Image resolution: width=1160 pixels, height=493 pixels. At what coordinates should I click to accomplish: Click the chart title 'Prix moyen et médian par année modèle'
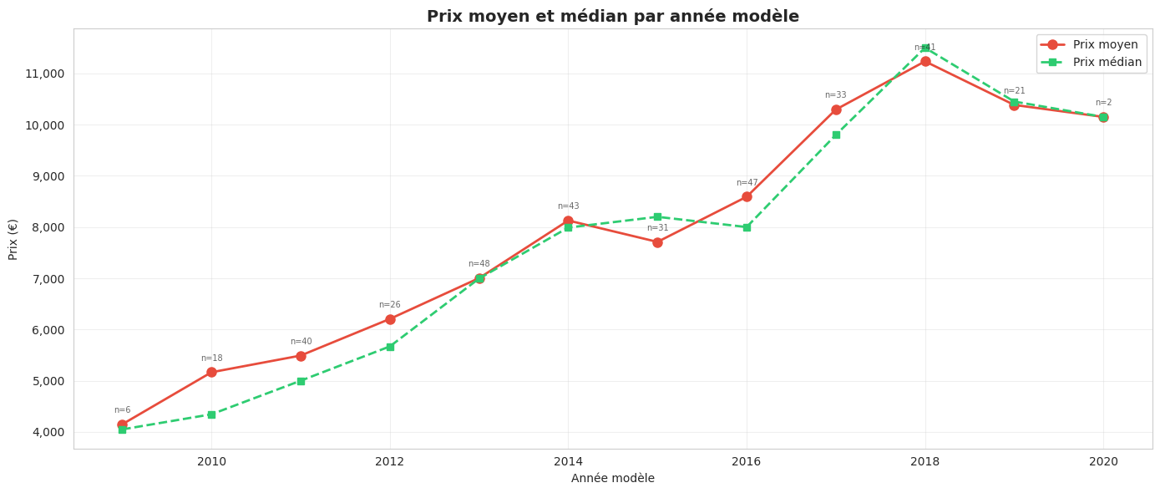coord(612,17)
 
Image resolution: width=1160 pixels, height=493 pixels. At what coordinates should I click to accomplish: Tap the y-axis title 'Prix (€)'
coord(13,239)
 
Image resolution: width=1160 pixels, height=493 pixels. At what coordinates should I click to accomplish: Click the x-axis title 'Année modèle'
coord(612,479)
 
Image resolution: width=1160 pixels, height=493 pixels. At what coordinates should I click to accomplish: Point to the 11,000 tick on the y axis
coord(44,74)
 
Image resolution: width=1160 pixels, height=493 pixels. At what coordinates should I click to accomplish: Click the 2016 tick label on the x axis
coord(746,462)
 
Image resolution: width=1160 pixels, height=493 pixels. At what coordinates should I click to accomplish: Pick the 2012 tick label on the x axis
coord(389,462)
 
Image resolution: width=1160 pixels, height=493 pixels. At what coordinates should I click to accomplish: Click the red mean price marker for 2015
coord(657,242)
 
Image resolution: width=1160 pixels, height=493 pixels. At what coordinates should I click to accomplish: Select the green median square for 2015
coord(657,217)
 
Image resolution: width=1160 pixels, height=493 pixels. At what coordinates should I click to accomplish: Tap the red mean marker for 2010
coord(211,373)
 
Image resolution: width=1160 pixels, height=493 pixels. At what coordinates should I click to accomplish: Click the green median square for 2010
coord(211,414)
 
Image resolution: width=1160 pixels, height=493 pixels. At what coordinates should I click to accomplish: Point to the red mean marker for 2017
coord(836,109)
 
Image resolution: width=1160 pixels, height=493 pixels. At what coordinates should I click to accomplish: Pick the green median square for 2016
coord(747,227)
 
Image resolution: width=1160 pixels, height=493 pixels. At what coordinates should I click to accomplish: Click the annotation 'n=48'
coord(479,264)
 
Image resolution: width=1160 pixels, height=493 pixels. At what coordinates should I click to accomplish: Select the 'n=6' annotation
coord(122,410)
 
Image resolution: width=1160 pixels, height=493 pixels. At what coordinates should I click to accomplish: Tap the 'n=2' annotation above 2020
coord(1103,103)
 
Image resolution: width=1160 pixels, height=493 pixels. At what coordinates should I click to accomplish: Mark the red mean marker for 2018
coord(925,62)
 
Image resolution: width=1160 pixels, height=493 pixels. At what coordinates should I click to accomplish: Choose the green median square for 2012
coord(390,347)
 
